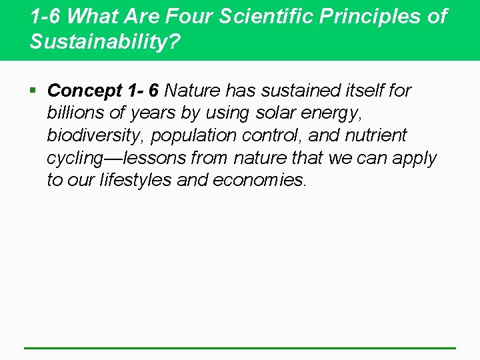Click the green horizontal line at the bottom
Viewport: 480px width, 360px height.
(x=240, y=348)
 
